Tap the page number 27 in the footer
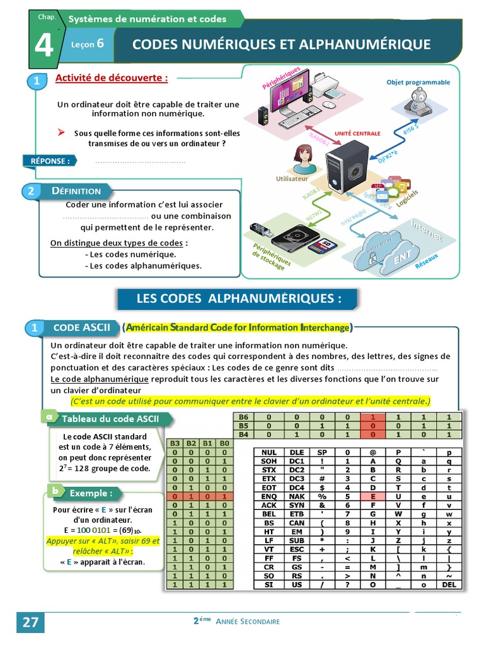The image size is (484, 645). point(30,622)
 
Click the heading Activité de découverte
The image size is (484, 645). point(112,78)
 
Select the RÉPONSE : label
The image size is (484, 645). point(49,161)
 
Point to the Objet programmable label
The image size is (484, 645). point(418,82)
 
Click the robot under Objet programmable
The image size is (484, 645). point(418,103)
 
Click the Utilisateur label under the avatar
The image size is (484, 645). point(292,179)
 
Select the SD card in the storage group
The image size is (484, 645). point(326,244)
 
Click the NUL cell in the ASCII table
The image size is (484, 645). point(269,452)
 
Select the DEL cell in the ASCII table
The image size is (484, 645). point(449,585)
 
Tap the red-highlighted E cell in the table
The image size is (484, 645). point(372,496)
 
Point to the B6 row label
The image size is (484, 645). point(242,417)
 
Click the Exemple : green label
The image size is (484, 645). point(91,493)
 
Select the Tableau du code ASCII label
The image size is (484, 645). point(110,419)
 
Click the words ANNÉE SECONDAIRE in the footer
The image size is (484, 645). point(248,621)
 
